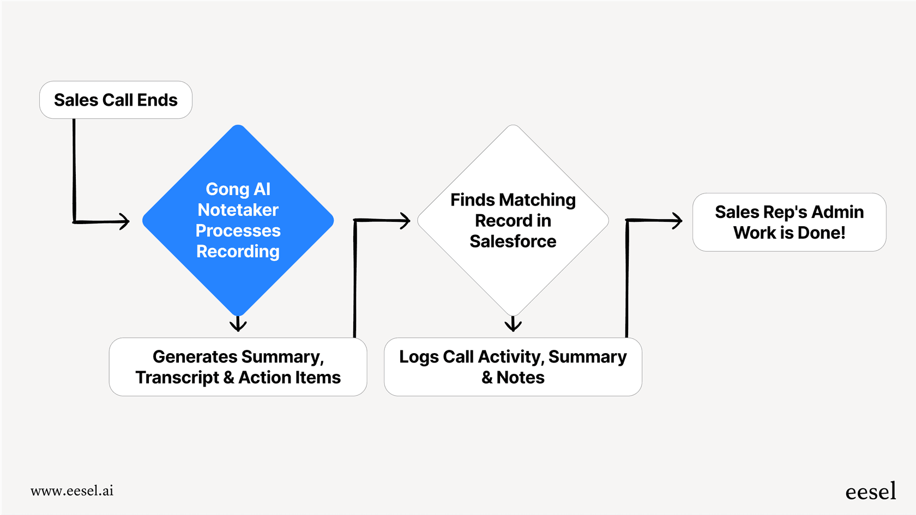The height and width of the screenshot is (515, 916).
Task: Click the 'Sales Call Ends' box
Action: [116, 100]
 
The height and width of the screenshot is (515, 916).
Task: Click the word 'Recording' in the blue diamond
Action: [238, 251]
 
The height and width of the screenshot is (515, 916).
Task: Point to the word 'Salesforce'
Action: [513, 241]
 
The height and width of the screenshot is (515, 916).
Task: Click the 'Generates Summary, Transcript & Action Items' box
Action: [238, 367]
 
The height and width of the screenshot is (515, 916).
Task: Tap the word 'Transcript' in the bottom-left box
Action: [177, 378]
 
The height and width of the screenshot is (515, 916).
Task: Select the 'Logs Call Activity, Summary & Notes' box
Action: [513, 367]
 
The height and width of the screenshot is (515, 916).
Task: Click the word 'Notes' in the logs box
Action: [520, 378]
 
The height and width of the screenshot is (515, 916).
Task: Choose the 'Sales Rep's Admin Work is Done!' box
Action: [789, 222]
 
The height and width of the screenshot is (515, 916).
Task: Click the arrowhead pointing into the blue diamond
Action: [125, 221]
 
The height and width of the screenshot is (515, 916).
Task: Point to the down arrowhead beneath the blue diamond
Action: [238, 326]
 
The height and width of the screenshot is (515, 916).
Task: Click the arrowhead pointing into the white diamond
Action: [405, 221]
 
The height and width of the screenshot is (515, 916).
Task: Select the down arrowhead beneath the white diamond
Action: [513, 326]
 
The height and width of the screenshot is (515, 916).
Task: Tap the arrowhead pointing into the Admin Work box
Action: [677, 221]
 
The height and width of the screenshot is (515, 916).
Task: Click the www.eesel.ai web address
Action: [72, 491]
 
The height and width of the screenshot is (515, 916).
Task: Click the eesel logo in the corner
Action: [870, 492]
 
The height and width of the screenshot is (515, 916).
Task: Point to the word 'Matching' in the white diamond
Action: [537, 200]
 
